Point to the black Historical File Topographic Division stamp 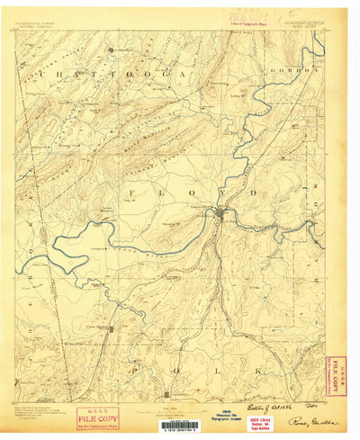227,414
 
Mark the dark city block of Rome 220,213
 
